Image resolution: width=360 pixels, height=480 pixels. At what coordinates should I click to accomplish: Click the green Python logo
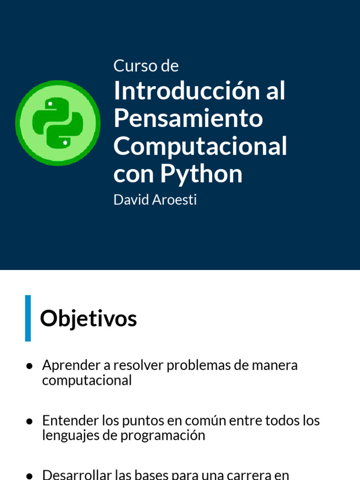tap(58, 122)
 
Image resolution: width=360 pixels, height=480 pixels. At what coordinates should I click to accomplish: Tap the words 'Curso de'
tap(146, 66)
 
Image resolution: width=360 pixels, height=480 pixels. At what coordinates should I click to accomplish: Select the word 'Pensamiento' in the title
tap(188, 119)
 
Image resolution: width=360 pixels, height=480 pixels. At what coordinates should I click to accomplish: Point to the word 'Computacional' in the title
tap(200, 146)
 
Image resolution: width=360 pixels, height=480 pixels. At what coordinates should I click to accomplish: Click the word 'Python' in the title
tap(202, 174)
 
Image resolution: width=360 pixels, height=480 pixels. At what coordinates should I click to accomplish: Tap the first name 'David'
tap(128, 200)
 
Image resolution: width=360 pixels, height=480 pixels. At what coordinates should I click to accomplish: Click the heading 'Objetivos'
tap(88, 319)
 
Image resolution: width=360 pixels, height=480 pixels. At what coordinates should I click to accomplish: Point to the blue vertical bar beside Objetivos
tap(28, 318)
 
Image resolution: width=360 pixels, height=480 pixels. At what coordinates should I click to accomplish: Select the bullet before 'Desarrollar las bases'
tap(29, 475)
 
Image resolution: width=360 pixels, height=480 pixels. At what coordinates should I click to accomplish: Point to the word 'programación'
tap(163, 435)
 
